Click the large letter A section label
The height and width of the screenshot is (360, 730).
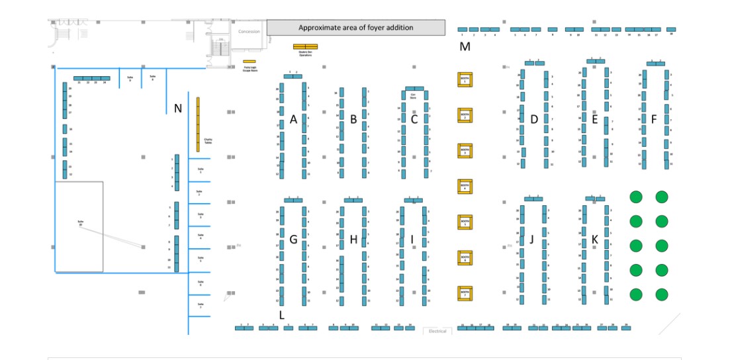pyautogui.click(x=293, y=120)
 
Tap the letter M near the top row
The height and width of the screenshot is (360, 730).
pyautogui.click(x=465, y=46)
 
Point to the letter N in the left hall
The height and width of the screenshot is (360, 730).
pyautogui.click(x=177, y=109)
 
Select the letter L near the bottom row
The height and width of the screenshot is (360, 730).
pyautogui.click(x=282, y=315)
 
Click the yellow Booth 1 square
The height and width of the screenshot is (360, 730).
pyautogui.click(x=465, y=79)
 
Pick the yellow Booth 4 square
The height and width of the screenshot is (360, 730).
pyautogui.click(x=465, y=187)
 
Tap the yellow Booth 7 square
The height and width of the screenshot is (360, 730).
pyautogui.click(x=465, y=292)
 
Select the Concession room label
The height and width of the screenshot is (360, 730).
pyautogui.click(x=249, y=32)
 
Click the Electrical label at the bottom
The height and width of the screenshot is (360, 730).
pyautogui.click(x=437, y=331)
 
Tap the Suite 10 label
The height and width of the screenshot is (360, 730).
pyautogui.click(x=80, y=222)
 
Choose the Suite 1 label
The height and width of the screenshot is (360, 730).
pyautogui.click(x=200, y=170)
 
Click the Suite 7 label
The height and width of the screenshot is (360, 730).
pyautogui.click(x=200, y=306)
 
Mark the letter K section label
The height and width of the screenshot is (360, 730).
pyautogui.click(x=594, y=239)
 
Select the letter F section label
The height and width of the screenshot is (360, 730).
pyautogui.click(x=654, y=120)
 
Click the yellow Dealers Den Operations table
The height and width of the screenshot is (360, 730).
pyautogui.click(x=305, y=47)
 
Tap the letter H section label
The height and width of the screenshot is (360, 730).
pyautogui.click(x=353, y=240)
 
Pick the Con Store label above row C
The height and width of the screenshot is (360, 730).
pyautogui.click(x=413, y=96)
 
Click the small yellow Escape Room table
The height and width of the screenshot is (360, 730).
pyautogui.click(x=250, y=62)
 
